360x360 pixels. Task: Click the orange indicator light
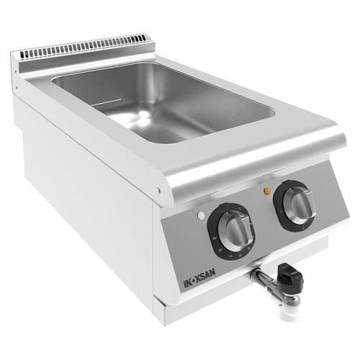pos(267,191)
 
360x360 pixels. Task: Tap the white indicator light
pos(201,216)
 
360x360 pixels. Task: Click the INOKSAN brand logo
pos(198,276)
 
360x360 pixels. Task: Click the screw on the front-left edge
pos(158,191)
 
